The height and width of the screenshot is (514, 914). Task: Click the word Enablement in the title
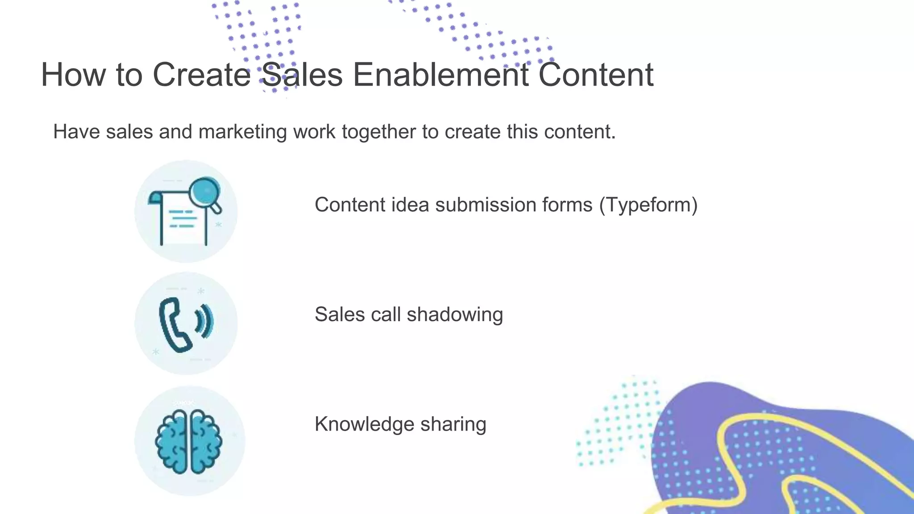click(x=440, y=75)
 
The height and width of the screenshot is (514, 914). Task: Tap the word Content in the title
click(x=596, y=75)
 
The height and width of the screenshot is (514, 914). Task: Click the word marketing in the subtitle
click(x=242, y=132)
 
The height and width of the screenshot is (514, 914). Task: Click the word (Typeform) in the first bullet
click(x=648, y=205)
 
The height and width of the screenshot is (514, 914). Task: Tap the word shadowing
click(x=455, y=315)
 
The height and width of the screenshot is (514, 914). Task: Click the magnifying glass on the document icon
click(x=205, y=193)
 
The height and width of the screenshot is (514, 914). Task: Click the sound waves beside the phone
click(x=206, y=321)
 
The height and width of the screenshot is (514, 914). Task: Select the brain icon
click(x=188, y=442)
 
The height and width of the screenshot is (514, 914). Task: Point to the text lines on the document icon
click(x=183, y=219)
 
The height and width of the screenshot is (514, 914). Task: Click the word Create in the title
click(x=202, y=75)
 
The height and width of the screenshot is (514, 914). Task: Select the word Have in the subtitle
click(x=76, y=132)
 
